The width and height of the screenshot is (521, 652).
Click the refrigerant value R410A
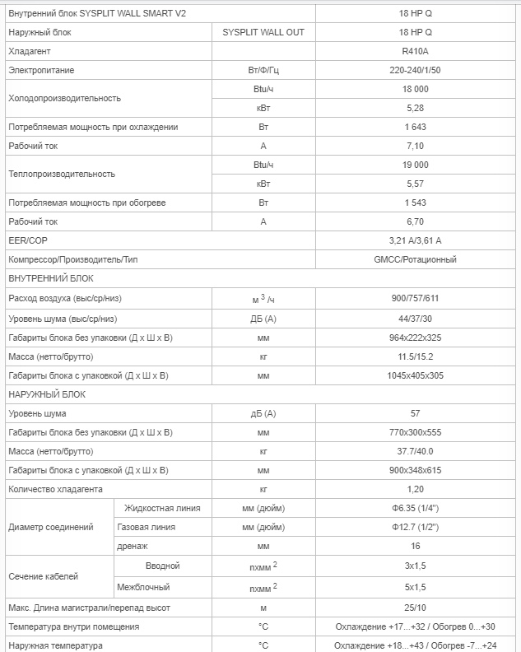[415, 51]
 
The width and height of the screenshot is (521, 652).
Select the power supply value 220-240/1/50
[415, 70]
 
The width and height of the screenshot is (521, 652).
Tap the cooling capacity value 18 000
[415, 89]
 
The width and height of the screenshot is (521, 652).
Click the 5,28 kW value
[415, 108]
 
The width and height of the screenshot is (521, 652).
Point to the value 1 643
[415, 127]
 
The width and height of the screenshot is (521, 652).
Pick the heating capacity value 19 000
[415, 165]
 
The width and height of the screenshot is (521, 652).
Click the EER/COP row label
[28, 240]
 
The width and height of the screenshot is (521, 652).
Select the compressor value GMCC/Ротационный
[415, 259]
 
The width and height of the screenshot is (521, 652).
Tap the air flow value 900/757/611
[415, 298]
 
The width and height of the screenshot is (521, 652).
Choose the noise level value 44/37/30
[415, 318]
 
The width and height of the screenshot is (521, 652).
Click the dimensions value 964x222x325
[415, 338]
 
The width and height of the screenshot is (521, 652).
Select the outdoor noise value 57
[415, 413]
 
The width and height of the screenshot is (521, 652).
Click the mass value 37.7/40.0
[415, 451]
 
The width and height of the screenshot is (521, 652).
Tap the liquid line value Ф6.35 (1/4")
[415, 508]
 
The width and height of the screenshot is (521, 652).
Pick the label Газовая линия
[147, 527]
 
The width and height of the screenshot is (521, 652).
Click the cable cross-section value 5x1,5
[415, 587]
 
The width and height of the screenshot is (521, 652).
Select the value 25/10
[415, 608]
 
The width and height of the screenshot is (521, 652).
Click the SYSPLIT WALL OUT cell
[263, 31]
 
